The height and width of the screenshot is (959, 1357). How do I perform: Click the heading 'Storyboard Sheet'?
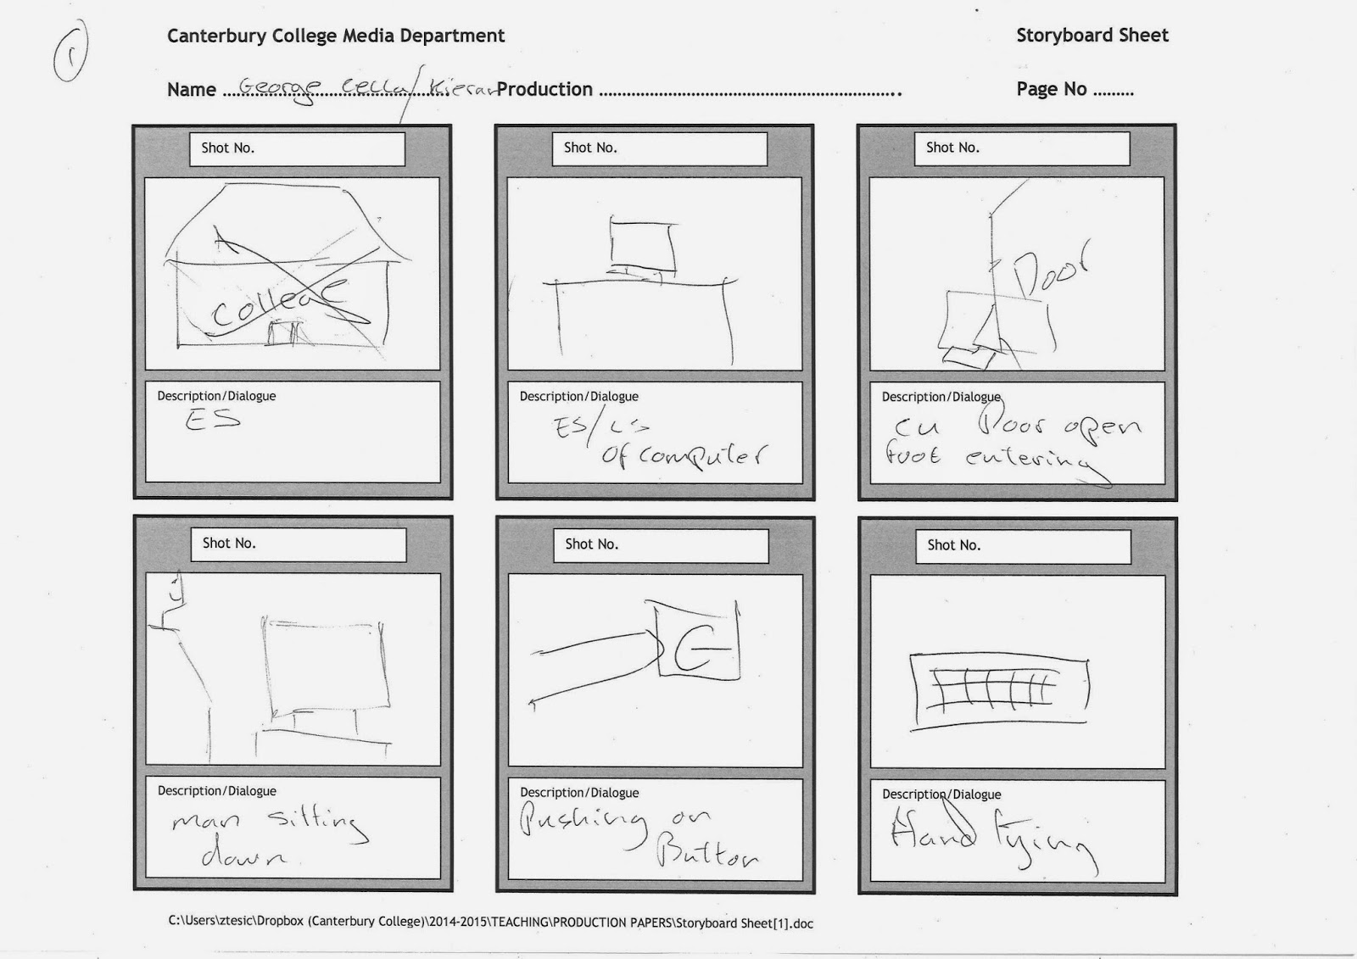tap(1092, 36)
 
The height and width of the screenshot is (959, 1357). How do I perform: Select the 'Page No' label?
tap(1052, 89)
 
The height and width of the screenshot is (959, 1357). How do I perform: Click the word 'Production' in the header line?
tap(544, 89)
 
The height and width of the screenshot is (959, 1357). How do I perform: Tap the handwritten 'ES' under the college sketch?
tap(213, 418)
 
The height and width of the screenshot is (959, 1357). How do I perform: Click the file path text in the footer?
tap(490, 923)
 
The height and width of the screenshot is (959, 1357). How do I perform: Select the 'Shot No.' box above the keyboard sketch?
tap(1023, 546)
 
